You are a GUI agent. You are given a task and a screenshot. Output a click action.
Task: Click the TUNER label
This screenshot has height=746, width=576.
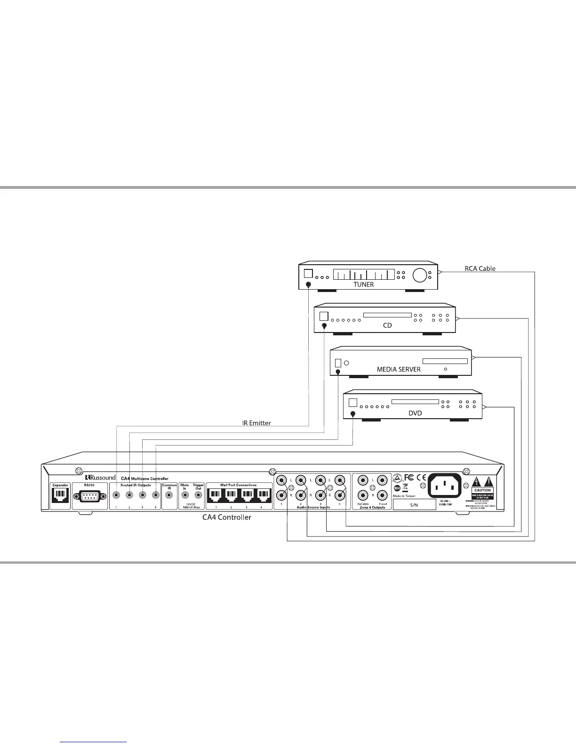(x=363, y=284)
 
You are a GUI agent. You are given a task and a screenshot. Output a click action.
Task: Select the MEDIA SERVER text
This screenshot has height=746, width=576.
(x=399, y=369)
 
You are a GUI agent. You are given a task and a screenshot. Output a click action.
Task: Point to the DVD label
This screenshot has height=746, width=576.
(x=415, y=413)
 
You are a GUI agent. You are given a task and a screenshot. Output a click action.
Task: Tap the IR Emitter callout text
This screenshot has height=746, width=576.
(x=256, y=423)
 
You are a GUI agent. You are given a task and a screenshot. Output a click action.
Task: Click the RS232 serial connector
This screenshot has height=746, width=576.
(x=89, y=497)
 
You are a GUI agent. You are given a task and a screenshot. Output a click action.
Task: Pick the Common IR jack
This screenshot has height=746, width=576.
(x=169, y=496)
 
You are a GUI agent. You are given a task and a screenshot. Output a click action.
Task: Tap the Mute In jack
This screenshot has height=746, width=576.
(x=185, y=495)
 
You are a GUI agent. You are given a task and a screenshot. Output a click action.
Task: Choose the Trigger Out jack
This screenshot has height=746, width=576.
(x=198, y=495)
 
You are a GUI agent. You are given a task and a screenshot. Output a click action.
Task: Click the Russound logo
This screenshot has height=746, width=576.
(x=100, y=478)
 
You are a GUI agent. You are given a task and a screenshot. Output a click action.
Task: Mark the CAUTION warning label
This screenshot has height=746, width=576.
(x=483, y=490)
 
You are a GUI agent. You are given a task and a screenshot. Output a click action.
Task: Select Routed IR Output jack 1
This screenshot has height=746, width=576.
(x=116, y=495)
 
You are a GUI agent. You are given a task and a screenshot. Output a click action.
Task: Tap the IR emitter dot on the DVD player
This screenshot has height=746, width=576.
(x=353, y=414)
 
